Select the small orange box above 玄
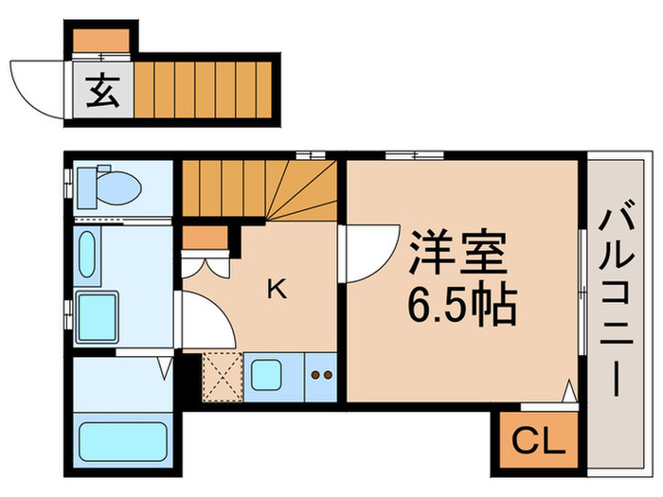[x=102, y=40]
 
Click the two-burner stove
[x=322, y=376]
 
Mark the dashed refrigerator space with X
[x=221, y=376]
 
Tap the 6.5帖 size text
[x=461, y=304]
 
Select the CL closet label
[x=537, y=440]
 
